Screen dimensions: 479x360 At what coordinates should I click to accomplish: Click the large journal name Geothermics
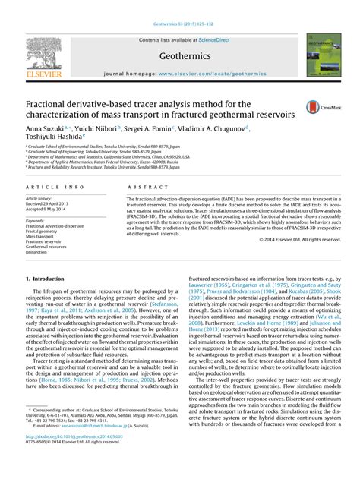point(180,56)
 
